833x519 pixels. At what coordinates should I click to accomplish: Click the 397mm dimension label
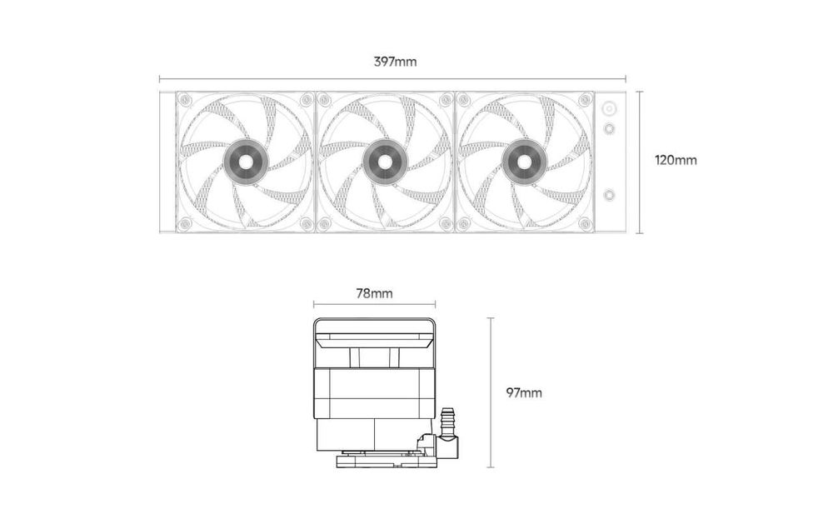395,62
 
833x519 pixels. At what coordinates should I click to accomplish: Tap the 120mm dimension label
676,160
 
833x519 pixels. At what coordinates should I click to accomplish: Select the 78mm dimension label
375,293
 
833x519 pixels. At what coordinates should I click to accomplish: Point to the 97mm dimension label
524,393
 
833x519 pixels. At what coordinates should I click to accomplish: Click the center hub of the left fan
245,162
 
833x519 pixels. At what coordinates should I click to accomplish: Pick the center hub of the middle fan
385,162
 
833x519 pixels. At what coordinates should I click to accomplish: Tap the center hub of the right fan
524,162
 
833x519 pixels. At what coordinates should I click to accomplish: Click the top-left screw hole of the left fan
184,100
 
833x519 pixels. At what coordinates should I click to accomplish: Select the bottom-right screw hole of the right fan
585,223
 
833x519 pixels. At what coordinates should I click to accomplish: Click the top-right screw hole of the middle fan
446,100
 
